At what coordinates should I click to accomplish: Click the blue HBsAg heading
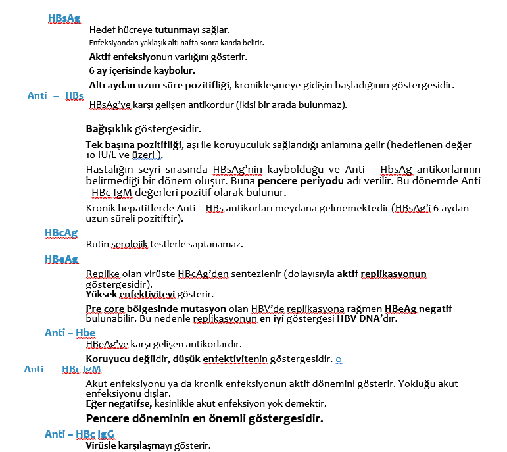(64, 19)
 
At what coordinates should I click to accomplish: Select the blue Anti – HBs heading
(55, 95)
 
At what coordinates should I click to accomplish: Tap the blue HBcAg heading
(61, 232)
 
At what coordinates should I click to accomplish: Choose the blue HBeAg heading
(61, 259)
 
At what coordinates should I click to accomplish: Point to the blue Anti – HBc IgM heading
(62, 369)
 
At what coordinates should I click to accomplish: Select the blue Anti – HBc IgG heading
(80, 434)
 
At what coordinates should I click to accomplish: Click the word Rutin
(97, 244)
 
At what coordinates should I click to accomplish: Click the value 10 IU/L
(106, 155)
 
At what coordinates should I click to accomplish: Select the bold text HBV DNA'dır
(369, 320)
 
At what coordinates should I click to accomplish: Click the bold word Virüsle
(102, 445)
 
